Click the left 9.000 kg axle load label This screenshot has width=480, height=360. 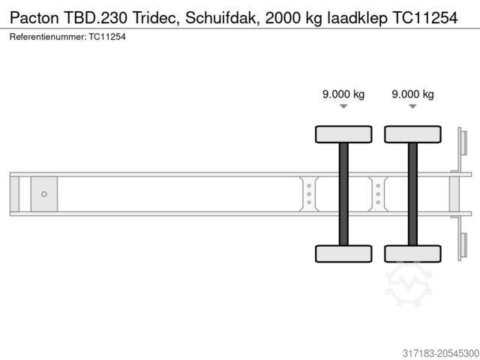[343, 94]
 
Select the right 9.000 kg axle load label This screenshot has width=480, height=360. [412, 94]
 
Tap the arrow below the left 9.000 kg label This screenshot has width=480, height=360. [343, 107]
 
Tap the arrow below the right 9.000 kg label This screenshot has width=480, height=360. [412, 107]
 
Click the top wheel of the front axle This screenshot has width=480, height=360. [343, 134]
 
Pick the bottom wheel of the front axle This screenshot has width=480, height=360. [343, 253]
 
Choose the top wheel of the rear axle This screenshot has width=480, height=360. [412, 134]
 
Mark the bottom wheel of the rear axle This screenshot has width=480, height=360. [412, 253]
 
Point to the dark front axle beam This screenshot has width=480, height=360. [343, 193]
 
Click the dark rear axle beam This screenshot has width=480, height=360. [412, 193]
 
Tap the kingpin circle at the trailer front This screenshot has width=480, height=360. [44, 194]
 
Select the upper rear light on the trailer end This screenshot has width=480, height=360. [462, 142]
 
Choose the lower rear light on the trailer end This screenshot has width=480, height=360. [462, 247]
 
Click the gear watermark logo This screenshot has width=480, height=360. [408, 283]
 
